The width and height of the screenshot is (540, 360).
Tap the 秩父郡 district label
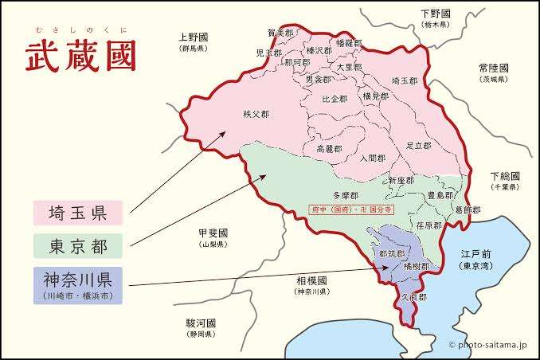point(256,115)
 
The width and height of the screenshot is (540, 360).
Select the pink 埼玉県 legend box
point(77,213)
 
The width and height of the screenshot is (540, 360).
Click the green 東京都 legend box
point(77,245)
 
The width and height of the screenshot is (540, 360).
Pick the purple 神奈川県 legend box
point(77,285)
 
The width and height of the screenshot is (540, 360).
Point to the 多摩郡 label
point(345,195)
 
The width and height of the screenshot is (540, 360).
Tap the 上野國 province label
point(193,37)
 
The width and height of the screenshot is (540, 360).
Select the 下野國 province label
point(436,14)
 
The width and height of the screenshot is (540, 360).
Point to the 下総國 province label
point(504,176)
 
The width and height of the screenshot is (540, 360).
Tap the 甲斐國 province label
point(213,233)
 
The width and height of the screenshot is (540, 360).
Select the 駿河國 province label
point(202,323)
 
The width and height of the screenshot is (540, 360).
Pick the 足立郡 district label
point(417,146)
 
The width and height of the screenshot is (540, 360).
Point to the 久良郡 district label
point(413,296)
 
